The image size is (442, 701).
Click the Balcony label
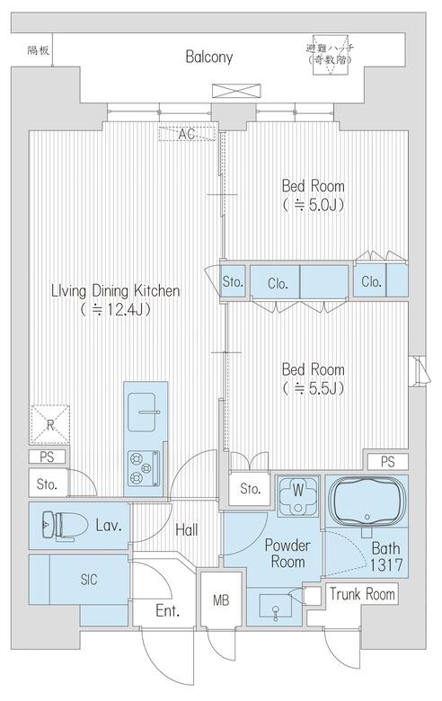[209, 58]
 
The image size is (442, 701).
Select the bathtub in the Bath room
[367, 501]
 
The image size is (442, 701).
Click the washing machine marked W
[298, 495]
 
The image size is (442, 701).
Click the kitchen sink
[143, 413]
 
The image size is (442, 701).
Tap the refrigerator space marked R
[50, 425]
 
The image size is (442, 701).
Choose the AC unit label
[187, 134]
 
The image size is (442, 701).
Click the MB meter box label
[221, 600]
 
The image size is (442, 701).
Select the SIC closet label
[89, 580]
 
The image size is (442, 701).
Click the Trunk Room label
[362, 594]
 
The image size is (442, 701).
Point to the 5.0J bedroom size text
[314, 205]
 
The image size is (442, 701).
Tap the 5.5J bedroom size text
[314, 389]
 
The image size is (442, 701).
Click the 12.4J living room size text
[116, 309]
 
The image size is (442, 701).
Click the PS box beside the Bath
[388, 462]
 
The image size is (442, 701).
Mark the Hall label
[186, 530]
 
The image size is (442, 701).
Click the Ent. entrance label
[168, 611]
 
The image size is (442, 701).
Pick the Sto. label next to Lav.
[47, 484]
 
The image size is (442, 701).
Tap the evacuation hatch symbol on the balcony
[331, 55]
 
